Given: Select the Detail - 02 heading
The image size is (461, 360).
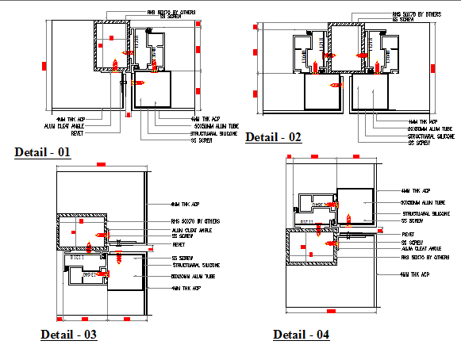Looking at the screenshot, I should point(273,137).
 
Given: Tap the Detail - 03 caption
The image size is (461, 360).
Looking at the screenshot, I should point(68,335).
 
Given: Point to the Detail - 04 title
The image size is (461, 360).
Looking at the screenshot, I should point(301,335).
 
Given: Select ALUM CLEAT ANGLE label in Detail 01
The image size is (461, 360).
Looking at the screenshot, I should point(64,125).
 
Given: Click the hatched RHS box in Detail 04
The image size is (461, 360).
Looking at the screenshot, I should point(310,247).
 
